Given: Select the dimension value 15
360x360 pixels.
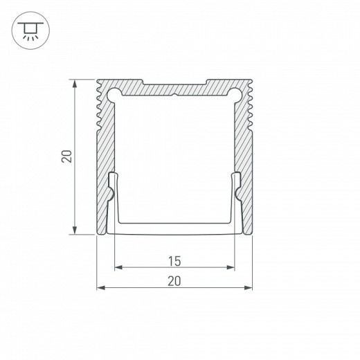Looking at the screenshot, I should tap(174, 261).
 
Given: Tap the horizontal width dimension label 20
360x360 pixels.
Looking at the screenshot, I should tap(174, 280).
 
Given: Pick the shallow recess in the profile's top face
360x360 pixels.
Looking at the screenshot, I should tap(174, 84).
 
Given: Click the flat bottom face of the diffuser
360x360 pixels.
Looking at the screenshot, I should tap(174, 228).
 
